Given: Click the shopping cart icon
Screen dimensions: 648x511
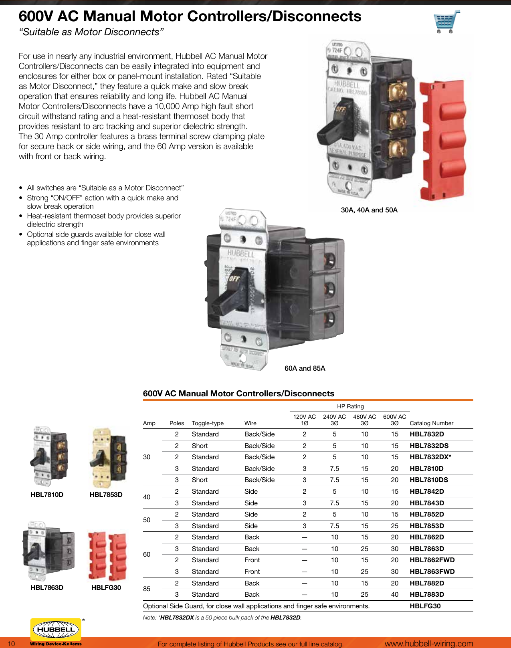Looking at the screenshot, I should pos(446,22).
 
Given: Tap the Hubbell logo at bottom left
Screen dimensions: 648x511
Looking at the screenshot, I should pos(56,630).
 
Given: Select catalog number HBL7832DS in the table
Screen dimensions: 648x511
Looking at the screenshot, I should pos(429,446).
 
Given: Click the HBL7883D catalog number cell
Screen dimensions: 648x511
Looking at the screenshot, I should pos(427,594).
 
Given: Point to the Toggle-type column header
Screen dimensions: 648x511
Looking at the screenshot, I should pos(208,423).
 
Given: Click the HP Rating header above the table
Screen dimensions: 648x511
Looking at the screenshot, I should pos(350,406).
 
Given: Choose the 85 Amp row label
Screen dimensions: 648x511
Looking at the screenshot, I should pos(147,589).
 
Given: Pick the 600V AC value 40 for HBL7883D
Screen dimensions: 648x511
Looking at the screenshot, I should pos(395,594).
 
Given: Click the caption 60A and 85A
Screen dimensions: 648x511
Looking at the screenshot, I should pos(305,368).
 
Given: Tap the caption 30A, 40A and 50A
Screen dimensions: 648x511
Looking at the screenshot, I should pos(369,210).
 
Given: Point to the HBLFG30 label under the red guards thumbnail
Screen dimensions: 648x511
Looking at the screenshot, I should pos(106,587).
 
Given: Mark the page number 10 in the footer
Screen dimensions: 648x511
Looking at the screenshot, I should pos(12,644).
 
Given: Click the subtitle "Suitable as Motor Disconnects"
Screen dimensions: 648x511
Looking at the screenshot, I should pos(91,32).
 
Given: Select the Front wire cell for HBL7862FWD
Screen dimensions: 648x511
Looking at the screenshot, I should pos(252,560).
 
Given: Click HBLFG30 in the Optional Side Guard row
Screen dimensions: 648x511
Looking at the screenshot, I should pos(425,606).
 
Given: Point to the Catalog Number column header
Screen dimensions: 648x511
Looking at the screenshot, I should pos(431,423).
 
